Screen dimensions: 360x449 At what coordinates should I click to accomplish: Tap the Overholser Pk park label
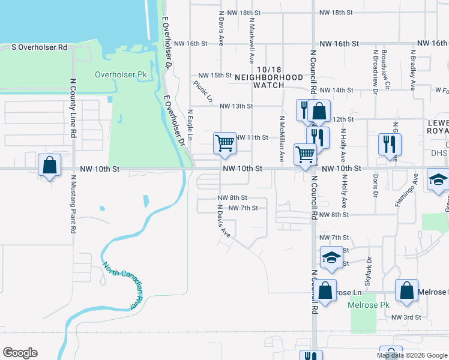tap(121, 75)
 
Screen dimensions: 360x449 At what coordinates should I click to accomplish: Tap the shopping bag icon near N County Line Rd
tap(49, 165)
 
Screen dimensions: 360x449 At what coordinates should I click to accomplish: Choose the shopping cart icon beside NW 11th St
tap(224, 144)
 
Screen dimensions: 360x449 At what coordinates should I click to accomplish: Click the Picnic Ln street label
tap(203, 91)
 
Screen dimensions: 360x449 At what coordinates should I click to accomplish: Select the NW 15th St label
tap(212, 75)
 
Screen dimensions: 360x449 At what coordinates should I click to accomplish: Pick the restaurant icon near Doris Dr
tap(390, 145)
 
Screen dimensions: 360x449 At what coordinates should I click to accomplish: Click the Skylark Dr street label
tap(369, 271)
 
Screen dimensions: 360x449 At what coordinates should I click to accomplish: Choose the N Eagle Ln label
tap(190, 124)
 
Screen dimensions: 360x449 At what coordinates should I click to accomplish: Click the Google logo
tap(20, 353)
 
